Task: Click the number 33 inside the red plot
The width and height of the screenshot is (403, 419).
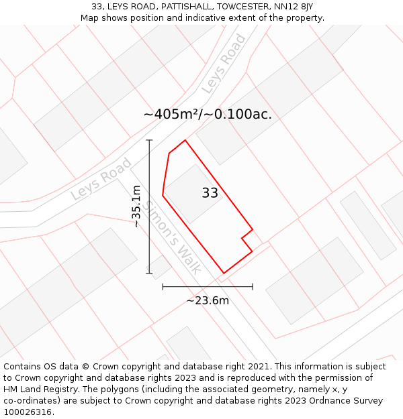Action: (210, 193)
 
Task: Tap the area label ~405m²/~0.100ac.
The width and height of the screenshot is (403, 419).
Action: (208, 114)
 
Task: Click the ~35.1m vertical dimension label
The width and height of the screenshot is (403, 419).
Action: (136, 206)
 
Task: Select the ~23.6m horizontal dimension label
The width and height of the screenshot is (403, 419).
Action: (208, 300)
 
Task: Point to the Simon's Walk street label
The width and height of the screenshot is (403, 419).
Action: (173, 237)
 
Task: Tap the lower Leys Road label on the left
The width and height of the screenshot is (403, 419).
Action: (101, 179)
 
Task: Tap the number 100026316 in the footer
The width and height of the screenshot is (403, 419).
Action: (26, 412)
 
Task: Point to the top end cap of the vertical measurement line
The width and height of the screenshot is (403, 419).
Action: (149, 140)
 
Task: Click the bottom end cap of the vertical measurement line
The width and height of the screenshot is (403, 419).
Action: (149, 273)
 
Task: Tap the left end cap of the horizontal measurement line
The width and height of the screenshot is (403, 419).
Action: (163, 287)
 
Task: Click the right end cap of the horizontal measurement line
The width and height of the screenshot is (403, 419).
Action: (253, 287)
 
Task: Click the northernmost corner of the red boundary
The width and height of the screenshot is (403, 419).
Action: (185, 140)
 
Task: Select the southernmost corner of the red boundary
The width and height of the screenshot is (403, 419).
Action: (224, 273)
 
